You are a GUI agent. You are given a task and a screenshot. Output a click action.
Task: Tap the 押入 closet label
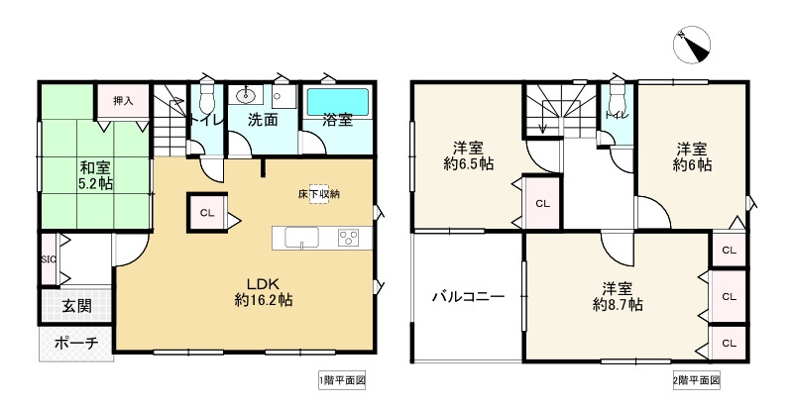(122, 101)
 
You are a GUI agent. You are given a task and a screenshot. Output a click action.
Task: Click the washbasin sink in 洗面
(246, 97)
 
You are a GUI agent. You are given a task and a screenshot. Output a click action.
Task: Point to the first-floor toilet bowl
(206, 99)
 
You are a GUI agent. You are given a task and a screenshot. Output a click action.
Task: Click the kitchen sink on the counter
(301, 237)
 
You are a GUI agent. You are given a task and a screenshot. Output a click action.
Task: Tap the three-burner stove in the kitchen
(350, 237)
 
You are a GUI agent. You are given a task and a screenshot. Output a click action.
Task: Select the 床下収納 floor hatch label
(318, 193)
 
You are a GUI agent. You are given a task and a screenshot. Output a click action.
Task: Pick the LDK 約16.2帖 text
(263, 289)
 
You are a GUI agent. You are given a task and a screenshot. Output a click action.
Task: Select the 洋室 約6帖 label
(691, 156)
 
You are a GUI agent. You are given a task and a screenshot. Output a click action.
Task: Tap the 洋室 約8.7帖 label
(618, 297)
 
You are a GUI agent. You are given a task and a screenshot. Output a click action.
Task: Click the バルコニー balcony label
(469, 296)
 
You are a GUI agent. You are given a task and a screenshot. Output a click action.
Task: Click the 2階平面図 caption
(695, 380)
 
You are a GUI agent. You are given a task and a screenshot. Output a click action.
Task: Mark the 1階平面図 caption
(342, 380)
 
